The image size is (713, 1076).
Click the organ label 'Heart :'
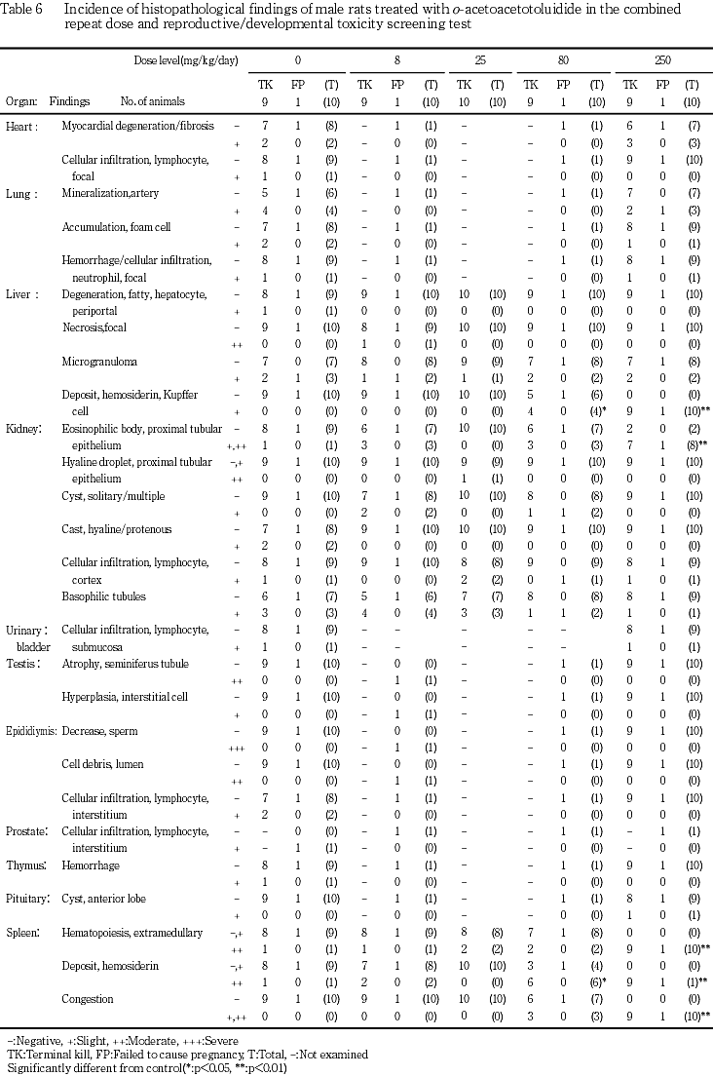tap(23, 127)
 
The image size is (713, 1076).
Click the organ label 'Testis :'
tap(23, 664)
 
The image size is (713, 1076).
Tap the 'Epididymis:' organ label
tap(31, 730)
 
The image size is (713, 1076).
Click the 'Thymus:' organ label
tap(26, 865)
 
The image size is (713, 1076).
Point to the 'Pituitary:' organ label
tap(28, 898)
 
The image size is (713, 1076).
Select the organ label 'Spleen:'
tap(24, 932)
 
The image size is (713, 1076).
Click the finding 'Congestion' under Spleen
tap(87, 998)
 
